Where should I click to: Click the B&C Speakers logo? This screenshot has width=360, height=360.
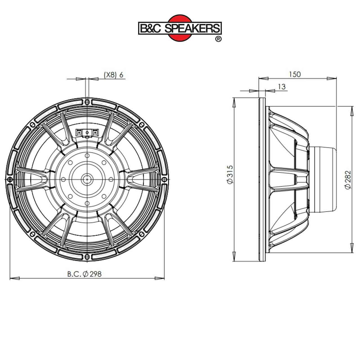180,28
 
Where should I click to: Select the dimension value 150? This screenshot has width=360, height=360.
295,74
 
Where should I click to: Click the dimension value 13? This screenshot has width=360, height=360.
282,87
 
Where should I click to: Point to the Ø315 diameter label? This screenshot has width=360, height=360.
229,175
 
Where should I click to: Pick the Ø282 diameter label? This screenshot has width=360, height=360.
348,180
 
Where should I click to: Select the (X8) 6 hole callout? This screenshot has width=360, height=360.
114,75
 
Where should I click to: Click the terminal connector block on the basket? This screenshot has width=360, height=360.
87,133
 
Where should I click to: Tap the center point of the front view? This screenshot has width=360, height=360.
87,179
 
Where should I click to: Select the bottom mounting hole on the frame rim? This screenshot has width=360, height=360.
87,257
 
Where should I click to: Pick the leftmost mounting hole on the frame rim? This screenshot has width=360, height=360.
10,179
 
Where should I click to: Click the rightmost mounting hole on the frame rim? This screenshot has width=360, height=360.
165,179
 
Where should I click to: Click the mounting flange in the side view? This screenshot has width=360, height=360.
261,179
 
